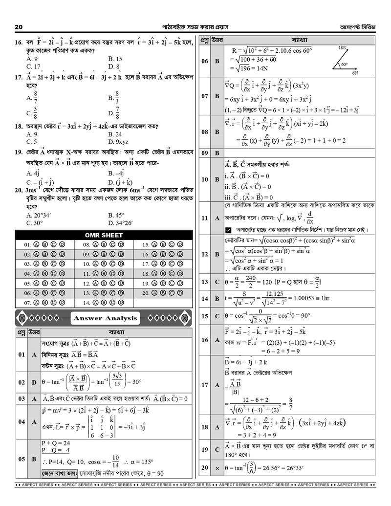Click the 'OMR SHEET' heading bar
click(104, 235)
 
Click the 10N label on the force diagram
click(342, 48)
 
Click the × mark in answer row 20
click(217, 468)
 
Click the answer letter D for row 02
click(35, 382)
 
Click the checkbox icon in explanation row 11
click(228, 230)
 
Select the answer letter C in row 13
click(217, 282)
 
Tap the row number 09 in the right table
click(205, 153)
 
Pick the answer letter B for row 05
click(35, 459)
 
